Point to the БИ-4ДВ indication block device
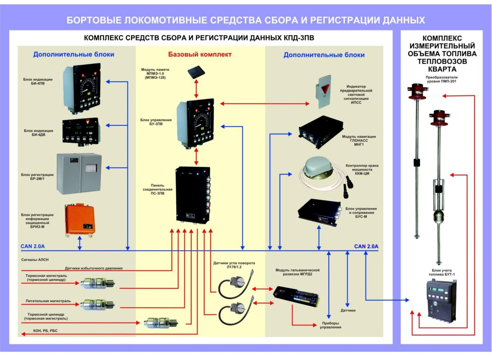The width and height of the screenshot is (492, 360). coord(80,131)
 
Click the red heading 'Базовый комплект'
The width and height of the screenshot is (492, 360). coord(200,55)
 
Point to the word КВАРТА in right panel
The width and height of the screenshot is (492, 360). coord(442,69)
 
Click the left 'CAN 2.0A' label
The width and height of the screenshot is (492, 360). coord(33,247)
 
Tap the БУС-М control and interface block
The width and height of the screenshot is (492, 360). coord(320,212)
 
